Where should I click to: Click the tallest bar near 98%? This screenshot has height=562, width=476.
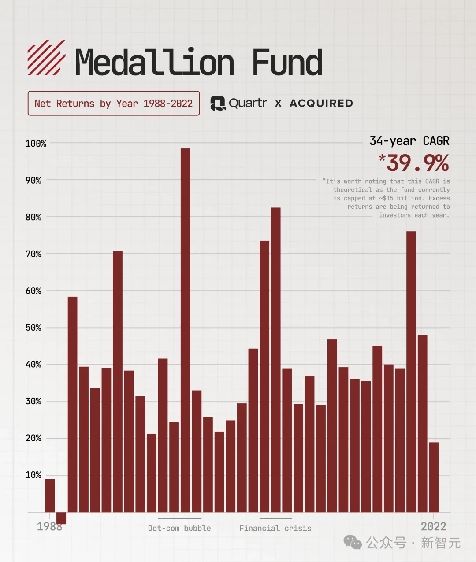click(186, 330)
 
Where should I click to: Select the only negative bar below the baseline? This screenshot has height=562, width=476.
click(61, 518)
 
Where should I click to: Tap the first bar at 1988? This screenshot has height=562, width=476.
click(50, 495)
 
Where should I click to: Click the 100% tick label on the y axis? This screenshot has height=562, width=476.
click(36, 144)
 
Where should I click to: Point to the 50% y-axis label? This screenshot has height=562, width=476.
click(33, 328)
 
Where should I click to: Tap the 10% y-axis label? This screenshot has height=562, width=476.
click(33, 475)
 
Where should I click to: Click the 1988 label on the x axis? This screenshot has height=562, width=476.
click(49, 527)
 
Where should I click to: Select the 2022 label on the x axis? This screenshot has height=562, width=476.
click(434, 527)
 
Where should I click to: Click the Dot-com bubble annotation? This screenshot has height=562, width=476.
click(179, 528)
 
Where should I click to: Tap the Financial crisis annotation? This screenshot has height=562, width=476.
click(275, 528)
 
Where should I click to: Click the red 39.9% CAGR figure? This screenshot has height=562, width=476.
click(414, 163)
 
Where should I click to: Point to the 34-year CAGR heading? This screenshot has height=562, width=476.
click(409, 141)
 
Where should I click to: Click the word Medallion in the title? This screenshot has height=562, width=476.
click(155, 63)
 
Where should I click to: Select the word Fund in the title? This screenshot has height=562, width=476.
click(287, 63)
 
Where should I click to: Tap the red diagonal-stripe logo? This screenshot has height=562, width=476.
click(46, 58)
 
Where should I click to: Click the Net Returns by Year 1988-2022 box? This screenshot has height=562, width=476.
click(114, 104)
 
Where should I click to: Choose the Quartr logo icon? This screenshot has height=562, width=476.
click(218, 104)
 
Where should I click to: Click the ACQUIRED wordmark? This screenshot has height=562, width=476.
click(321, 104)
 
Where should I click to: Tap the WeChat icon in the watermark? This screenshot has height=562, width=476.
click(353, 543)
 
